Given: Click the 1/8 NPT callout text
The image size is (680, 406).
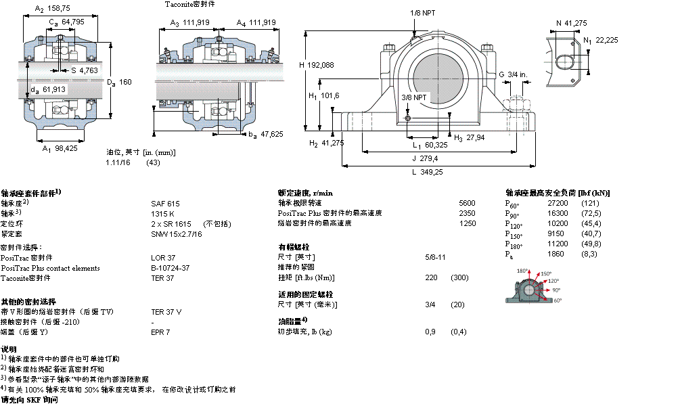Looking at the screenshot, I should [x=422, y=13].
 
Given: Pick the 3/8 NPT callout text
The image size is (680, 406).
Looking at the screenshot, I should [x=413, y=97].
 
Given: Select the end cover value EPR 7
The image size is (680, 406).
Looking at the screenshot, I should [x=160, y=332].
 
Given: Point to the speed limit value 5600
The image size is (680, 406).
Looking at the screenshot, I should [x=467, y=203].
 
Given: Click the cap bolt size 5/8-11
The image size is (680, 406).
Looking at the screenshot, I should [x=434, y=257].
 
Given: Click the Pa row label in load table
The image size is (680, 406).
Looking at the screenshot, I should [x=509, y=254].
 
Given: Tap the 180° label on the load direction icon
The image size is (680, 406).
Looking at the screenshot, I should [x=522, y=271].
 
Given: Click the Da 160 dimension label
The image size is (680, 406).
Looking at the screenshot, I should [x=119, y=82].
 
